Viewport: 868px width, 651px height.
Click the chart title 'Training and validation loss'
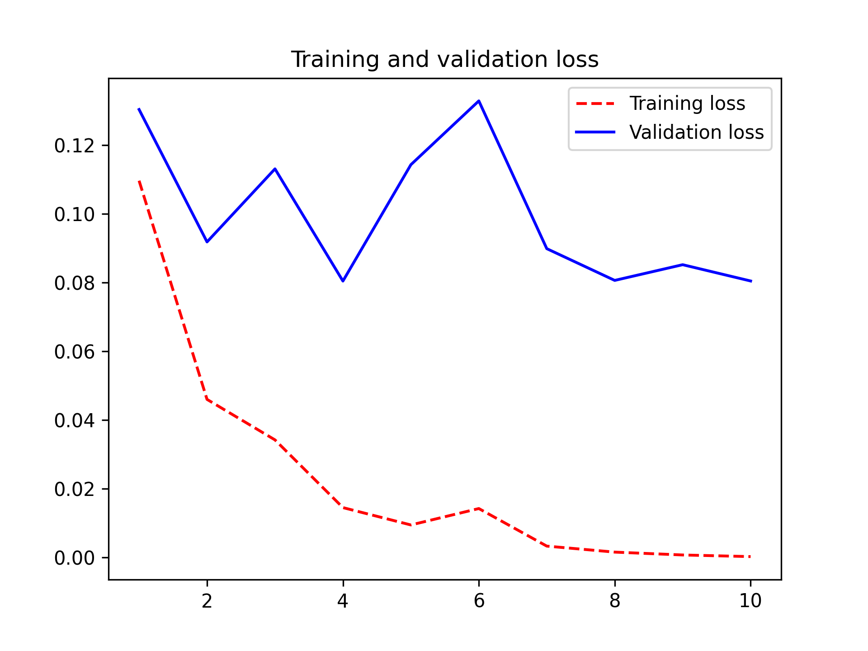click(444, 60)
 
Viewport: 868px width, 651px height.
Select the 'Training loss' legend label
click(687, 104)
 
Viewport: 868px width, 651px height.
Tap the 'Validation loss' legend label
click(696, 132)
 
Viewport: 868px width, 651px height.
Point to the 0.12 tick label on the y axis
click(75, 146)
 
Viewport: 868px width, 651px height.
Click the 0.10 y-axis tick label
click(75, 214)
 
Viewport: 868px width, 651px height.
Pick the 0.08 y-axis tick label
click(75, 283)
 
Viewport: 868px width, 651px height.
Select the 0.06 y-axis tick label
click(75, 352)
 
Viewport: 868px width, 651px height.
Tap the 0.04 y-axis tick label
click(75, 421)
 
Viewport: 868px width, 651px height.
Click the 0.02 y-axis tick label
click(75, 490)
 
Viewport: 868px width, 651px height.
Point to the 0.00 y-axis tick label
click(75, 558)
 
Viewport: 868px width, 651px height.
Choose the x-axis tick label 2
click(207, 601)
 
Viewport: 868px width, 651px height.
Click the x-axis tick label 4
click(343, 601)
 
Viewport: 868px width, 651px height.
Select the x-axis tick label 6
click(479, 601)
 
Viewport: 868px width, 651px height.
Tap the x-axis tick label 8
click(615, 601)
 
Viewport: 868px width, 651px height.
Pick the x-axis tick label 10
click(750, 601)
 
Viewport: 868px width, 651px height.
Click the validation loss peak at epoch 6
click(479, 101)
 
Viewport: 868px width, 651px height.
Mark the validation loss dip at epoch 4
click(343, 281)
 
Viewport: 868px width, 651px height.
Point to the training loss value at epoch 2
click(207, 399)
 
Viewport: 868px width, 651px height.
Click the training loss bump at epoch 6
click(479, 508)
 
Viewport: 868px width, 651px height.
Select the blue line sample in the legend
click(595, 132)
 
